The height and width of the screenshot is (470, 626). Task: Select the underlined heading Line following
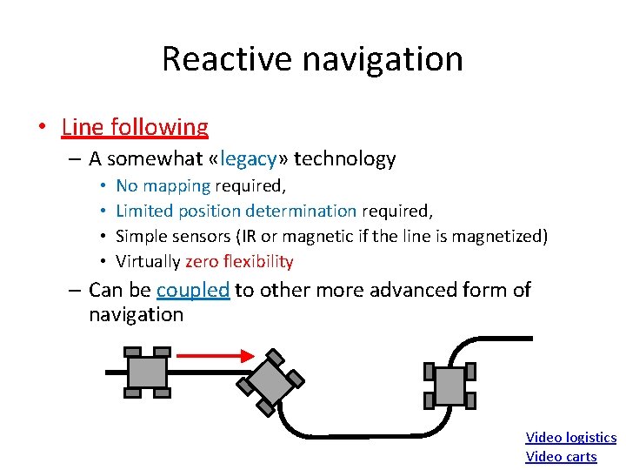click(135, 127)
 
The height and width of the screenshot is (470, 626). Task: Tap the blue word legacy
click(250, 158)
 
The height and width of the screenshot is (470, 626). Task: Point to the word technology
click(345, 158)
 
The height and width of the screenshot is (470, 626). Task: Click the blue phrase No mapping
click(163, 185)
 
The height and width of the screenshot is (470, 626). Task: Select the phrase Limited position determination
click(236, 211)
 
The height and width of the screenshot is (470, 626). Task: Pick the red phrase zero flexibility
click(239, 261)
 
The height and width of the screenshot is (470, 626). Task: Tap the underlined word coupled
click(193, 290)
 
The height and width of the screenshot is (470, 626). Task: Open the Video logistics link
click(570, 438)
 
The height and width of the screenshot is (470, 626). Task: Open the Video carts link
click(561, 457)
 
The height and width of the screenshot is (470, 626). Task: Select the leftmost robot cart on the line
click(147, 373)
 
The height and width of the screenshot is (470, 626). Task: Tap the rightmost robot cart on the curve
click(450, 385)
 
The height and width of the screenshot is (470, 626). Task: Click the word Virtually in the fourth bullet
click(148, 261)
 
